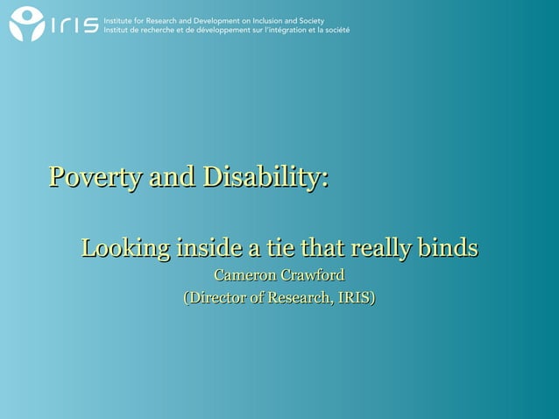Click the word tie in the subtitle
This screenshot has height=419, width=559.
282,248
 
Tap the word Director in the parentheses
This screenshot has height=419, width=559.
220,299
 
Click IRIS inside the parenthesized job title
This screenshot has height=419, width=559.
354,299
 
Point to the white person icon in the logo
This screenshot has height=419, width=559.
26,24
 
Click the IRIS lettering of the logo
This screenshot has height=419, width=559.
74,25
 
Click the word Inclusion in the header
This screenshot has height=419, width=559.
279,19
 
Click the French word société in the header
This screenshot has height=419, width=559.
336,29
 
